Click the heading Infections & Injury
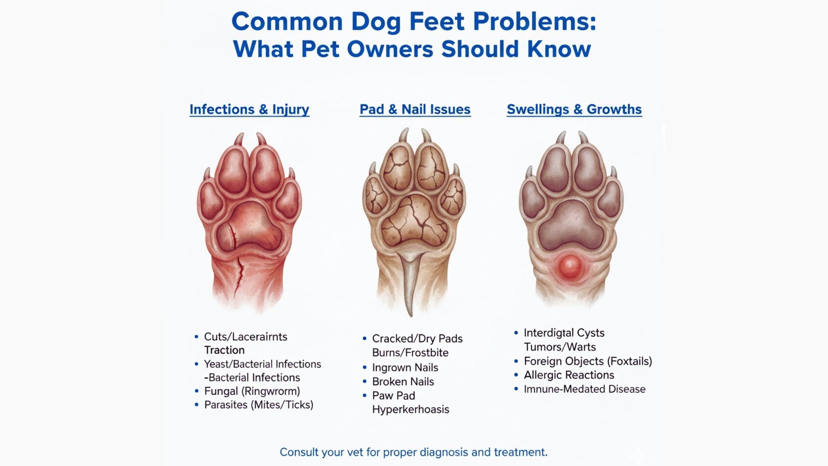coord(250,109)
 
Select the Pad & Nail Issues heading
coord(415,109)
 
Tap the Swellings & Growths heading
coord(574,109)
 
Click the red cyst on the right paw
coord(570,266)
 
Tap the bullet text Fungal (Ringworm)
coord(252,391)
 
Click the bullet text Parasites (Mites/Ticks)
coord(259,405)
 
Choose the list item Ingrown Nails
coord(405,368)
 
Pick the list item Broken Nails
coord(403,382)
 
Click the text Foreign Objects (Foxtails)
coord(588,361)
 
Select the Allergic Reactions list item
coord(569,375)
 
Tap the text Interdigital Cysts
coord(564,333)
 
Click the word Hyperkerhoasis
coord(411,409)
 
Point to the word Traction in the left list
coord(224,350)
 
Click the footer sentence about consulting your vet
coord(414,452)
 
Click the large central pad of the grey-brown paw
coord(571,226)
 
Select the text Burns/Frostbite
coord(410,353)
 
